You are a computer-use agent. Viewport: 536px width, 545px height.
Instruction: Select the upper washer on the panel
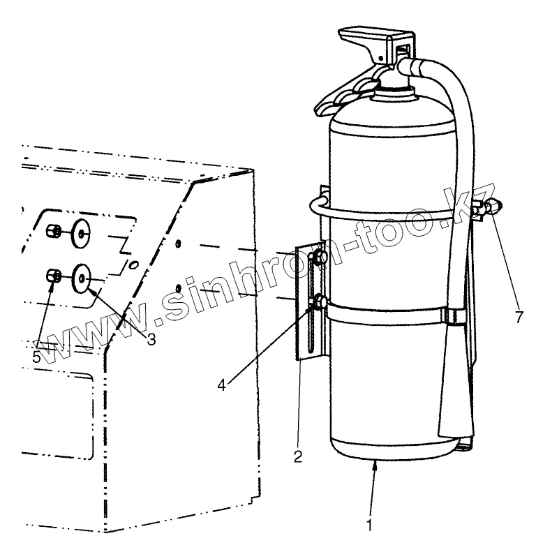80,232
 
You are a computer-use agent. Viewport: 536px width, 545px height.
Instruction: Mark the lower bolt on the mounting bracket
319,302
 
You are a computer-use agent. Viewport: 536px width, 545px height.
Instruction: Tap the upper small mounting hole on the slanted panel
179,244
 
